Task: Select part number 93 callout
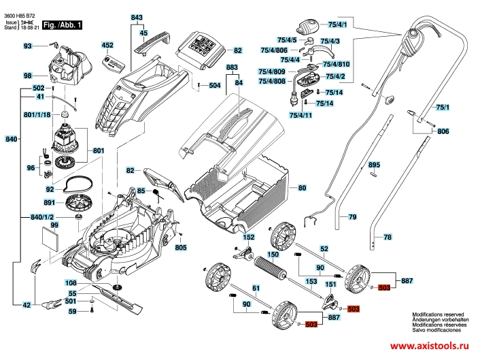(28, 46)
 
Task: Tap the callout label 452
(107, 45)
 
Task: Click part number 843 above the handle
(137, 16)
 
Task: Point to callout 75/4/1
(337, 24)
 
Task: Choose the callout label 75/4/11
(300, 116)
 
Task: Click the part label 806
(443, 131)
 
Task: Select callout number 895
(373, 165)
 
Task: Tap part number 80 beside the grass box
(302, 187)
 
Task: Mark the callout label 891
(48, 202)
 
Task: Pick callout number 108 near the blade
(70, 282)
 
